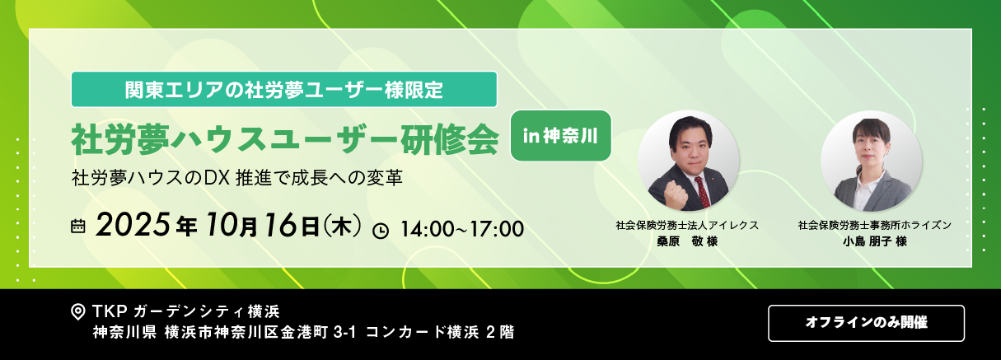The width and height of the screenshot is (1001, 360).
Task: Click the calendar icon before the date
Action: click(77, 226)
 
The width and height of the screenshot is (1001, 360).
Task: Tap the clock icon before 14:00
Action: click(381, 231)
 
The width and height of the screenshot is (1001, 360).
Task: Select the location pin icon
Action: click(78, 311)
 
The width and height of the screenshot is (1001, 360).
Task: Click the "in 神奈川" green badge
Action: click(561, 136)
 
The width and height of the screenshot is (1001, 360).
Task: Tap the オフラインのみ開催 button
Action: click(866, 323)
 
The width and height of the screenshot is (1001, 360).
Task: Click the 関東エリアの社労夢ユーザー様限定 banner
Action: click(284, 89)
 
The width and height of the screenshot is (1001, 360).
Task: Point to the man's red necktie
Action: click(702, 192)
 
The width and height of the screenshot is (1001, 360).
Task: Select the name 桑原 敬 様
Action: click(687, 241)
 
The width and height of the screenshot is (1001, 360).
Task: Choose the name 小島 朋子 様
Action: click(874, 241)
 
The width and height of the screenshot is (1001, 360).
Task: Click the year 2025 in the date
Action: click(133, 225)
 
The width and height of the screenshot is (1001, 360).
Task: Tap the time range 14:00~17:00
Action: click(462, 229)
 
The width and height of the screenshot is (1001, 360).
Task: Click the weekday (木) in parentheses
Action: click(342, 226)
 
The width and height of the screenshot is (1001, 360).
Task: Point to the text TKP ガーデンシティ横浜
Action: click(186, 311)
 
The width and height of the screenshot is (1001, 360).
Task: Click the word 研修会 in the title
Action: click(449, 140)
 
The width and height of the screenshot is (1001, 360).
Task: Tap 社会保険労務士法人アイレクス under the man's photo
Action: click(687, 225)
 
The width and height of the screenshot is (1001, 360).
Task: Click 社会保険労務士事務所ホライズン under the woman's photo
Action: click(874, 225)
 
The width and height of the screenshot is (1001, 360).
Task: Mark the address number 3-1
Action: click(344, 332)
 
